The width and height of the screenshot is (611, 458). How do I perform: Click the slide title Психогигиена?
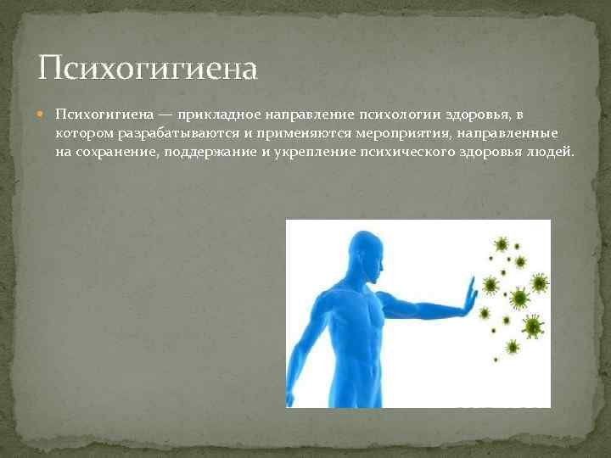(148, 67)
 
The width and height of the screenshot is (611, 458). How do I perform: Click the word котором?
(81, 133)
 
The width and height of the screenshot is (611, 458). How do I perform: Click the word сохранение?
(115, 152)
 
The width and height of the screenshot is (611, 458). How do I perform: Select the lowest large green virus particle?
(512, 347)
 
